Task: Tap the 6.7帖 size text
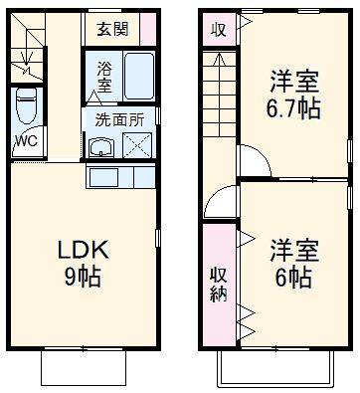(x=293, y=107)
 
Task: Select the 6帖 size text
(x=291, y=274)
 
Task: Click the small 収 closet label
(x=218, y=29)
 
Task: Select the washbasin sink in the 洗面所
(x=99, y=148)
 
